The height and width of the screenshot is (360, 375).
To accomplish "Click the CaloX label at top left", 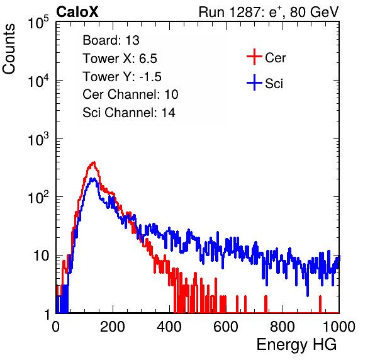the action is point(77,12).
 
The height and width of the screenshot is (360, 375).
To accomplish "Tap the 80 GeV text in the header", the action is point(314,12).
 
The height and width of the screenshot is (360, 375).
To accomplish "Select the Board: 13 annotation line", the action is point(111,40).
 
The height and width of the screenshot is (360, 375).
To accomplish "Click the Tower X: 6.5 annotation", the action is point(120,59).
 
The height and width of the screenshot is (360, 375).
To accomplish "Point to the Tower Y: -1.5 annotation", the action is point(122,77).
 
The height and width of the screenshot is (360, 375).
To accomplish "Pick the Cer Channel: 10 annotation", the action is point(130,94).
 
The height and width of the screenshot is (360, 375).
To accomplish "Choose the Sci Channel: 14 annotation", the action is point(129,113).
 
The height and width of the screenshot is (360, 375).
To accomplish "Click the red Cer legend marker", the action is point(254,57).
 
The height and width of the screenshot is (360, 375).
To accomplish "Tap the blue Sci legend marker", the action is point(254,82).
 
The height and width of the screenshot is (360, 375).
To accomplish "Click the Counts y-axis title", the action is point(9,49).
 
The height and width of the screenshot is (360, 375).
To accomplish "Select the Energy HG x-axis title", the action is point(296,345).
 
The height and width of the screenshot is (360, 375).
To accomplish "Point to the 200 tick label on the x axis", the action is point(113,326).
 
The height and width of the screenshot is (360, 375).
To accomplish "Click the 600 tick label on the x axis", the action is point(226,326).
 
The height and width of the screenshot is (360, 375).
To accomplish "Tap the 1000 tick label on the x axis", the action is point(339,326).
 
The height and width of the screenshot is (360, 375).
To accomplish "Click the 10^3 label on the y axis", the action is point(38,139).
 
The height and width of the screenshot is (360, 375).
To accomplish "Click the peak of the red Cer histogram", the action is point(94,162).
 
